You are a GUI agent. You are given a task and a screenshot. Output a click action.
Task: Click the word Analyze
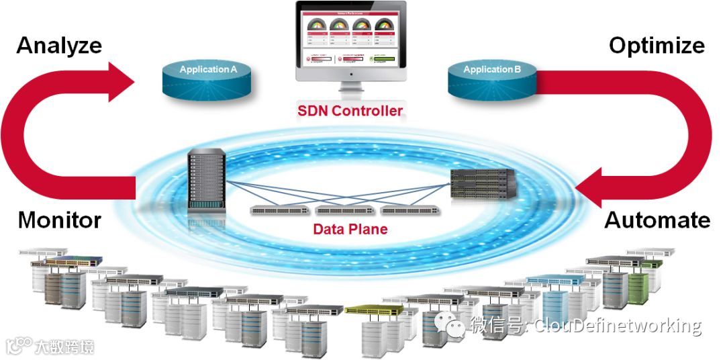click(x=59, y=46)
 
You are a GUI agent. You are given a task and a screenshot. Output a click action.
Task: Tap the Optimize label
click(x=657, y=46)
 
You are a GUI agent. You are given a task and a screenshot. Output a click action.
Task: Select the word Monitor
click(x=60, y=220)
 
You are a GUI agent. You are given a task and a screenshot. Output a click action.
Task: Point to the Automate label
click(x=657, y=220)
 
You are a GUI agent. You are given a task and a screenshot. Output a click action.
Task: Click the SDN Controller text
click(x=350, y=111)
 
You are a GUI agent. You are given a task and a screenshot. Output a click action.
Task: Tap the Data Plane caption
click(x=350, y=229)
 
